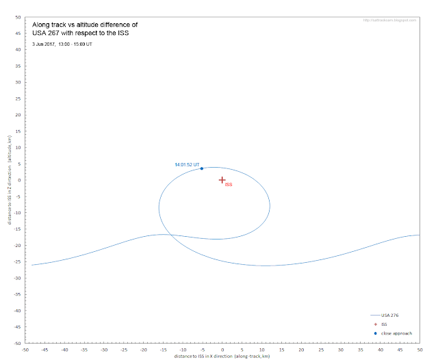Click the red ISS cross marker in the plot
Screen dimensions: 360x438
pyautogui.click(x=222, y=180)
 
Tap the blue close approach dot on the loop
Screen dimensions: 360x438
pyautogui.click(x=201, y=168)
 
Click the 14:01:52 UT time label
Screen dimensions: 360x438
pyautogui.click(x=187, y=165)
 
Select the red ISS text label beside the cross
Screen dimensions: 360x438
pyautogui.click(x=229, y=185)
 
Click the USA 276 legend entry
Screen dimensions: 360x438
pyautogui.click(x=389, y=316)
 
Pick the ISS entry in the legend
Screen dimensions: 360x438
pyautogui.click(x=384, y=324)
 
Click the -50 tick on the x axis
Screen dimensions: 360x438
pyautogui.click(x=25, y=349)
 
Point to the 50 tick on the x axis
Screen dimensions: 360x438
pyautogui.click(x=419, y=349)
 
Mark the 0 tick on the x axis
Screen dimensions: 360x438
pyautogui.click(x=222, y=349)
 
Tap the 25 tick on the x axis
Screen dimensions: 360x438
pyautogui.click(x=320, y=349)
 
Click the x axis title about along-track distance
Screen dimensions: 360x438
pyautogui.click(x=222, y=356)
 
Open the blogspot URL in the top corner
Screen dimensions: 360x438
pyautogui.click(x=391, y=21)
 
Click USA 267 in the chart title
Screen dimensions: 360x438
pyautogui.click(x=49, y=33)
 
